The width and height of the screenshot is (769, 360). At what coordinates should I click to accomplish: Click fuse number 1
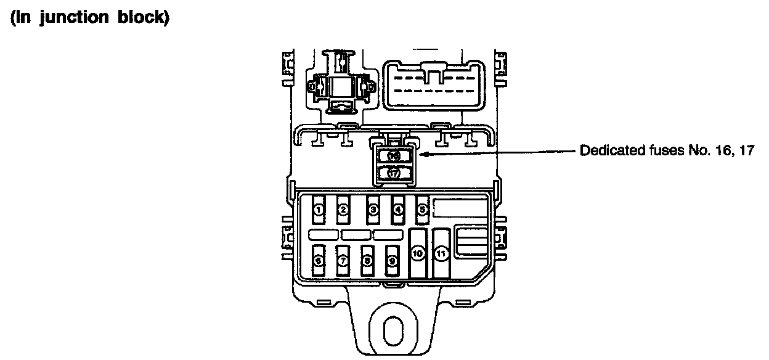click(x=319, y=209)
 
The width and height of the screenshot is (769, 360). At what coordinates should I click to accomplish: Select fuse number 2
click(x=343, y=209)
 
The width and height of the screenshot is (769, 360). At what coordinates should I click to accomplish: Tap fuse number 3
click(x=373, y=209)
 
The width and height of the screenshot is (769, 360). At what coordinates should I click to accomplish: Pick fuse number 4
click(x=398, y=209)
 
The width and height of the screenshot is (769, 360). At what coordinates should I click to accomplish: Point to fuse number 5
click(x=423, y=209)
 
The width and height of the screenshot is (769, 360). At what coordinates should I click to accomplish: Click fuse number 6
click(x=319, y=260)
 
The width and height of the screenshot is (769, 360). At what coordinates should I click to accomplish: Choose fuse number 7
click(x=343, y=260)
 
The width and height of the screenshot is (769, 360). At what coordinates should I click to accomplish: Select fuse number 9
click(x=392, y=260)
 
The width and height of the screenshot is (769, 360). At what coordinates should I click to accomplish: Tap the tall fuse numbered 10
click(x=418, y=253)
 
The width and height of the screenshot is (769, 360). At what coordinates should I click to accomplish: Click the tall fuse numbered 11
click(x=441, y=253)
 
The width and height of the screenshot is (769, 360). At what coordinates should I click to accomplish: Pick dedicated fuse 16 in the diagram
click(x=394, y=157)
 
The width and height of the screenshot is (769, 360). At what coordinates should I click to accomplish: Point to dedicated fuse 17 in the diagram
click(x=394, y=173)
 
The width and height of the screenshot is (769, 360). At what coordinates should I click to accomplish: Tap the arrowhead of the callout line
click(x=423, y=156)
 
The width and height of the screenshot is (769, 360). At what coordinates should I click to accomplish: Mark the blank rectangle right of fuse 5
click(x=461, y=208)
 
